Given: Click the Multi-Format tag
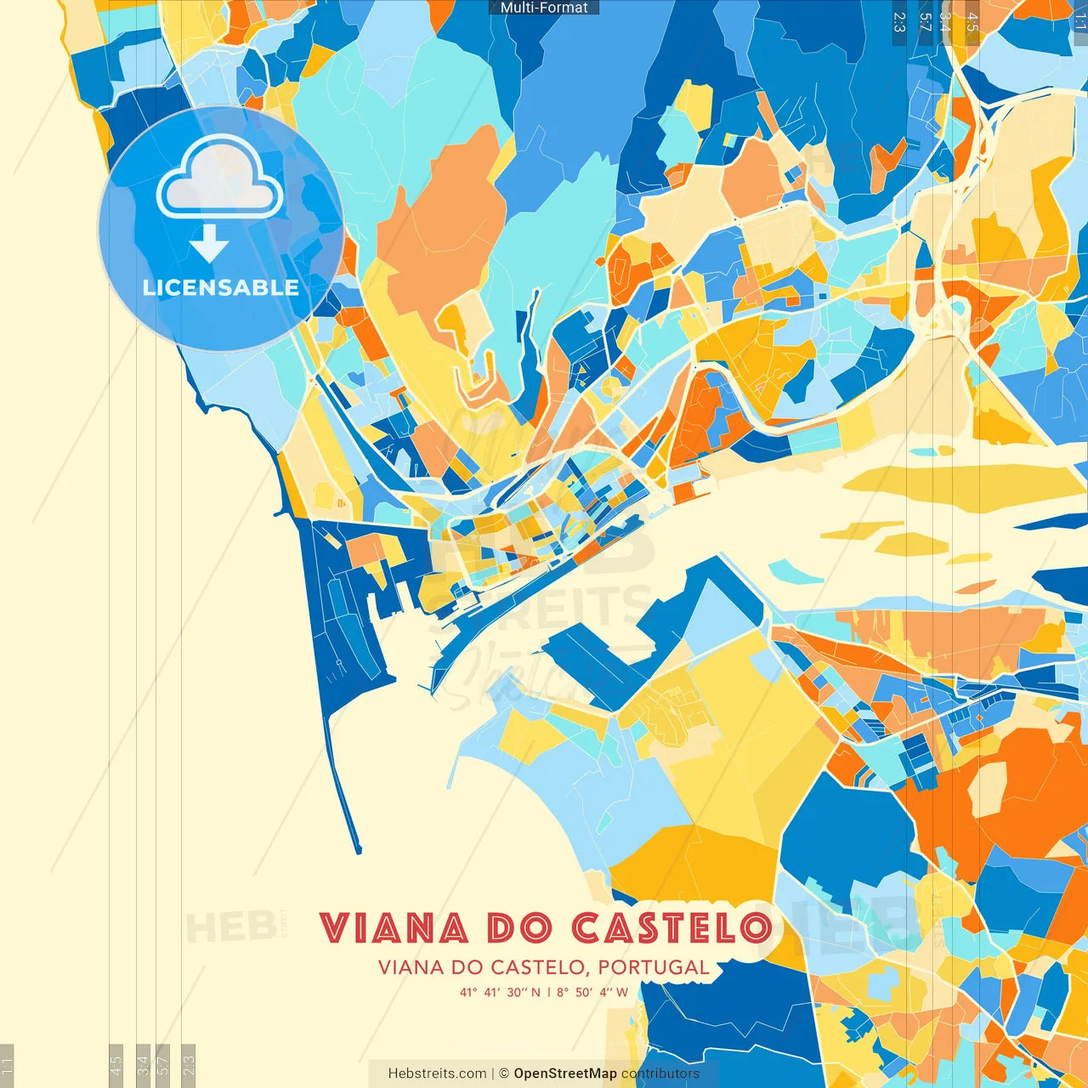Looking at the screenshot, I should pos(544,8).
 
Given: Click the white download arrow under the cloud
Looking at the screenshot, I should pos(209,244).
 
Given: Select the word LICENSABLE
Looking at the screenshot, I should pos(220,287).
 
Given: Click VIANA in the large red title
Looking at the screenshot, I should pos(394,928).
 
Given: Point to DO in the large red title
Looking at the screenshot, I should pos(519,928).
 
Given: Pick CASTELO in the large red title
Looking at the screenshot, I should pos(671,928).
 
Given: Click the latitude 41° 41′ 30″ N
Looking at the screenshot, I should pos(501,992).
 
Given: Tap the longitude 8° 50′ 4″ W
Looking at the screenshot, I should pos(592,992).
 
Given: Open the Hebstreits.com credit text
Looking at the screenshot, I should pos(437,1074).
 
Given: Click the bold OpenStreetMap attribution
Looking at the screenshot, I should pos(565,1074).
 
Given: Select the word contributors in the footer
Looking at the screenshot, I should pos(660,1074).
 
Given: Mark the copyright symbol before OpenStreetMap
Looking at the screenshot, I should pos(504,1074).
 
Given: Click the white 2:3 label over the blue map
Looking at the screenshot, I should pos(899,22).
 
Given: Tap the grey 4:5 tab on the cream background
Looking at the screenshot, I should pos(116,1064).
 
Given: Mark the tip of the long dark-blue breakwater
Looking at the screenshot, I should pos(358,848).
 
